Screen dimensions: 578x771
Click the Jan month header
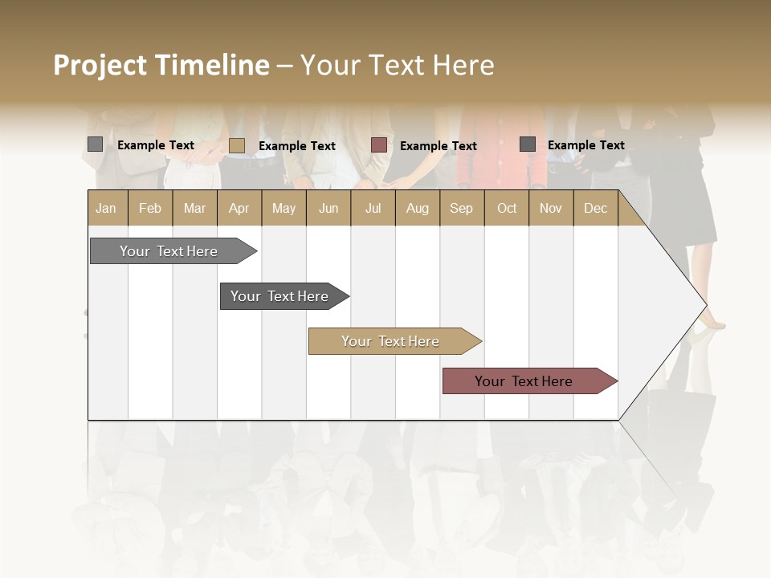(x=107, y=208)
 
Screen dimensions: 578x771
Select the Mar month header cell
(x=194, y=208)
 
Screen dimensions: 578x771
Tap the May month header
(x=284, y=208)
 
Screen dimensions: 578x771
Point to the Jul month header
(x=373, y=208)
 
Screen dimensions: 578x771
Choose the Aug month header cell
(x=417, y=208)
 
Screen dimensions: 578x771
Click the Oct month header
(x=506, y=208)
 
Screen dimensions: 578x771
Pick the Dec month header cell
(x=595, y=208)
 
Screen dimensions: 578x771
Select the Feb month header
(x=150, y=208)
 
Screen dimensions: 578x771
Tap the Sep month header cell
(x=461, y=208)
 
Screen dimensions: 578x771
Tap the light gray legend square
(x=95, y=144)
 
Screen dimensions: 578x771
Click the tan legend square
(x=236, y=145)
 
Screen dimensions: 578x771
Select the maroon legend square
(x=379, y=145)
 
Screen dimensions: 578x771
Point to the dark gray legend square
(x=527, y=144)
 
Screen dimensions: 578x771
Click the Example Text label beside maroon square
(x=438, y=146)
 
